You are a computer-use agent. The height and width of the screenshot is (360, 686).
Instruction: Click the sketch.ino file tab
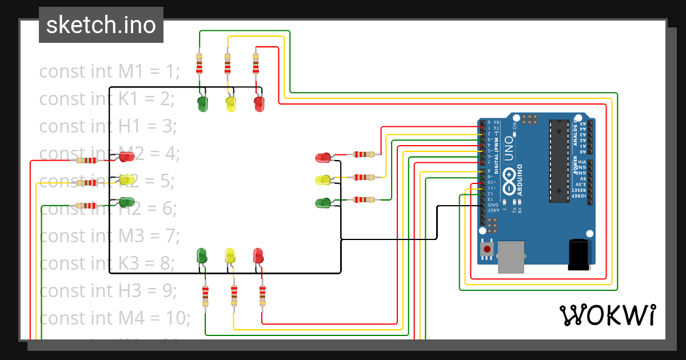point(101,25)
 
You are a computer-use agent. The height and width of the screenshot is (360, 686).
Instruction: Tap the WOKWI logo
point(607,315)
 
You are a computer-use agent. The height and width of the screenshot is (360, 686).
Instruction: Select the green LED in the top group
point(202,104)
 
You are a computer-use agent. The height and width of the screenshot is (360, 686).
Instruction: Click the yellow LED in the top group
point(231,104)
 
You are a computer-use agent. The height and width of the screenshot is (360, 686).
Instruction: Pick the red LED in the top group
point(259,104)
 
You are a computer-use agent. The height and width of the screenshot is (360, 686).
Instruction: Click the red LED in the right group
point(323,157)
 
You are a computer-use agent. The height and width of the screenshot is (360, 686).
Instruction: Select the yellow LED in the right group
point(323,180)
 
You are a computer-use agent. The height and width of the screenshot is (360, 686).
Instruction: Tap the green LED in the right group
point(323,202)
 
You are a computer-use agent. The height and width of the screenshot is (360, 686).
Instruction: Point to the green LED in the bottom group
point(201,255)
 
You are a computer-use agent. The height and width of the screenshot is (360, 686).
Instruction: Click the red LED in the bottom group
point(258,255)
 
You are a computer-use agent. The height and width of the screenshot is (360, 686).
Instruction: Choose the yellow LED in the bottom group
point(230,255)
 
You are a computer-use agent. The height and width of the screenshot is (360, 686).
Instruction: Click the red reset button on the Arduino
point(486,249)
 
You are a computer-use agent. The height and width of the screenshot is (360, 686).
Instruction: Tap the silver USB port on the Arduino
point(512,257)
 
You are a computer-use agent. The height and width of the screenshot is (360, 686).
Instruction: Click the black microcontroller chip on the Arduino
point(559,161)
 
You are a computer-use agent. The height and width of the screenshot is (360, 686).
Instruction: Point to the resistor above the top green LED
point(199,64)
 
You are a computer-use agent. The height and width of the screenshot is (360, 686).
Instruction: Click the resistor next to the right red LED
point(363,154)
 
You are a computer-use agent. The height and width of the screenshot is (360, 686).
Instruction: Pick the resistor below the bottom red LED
point(262,295)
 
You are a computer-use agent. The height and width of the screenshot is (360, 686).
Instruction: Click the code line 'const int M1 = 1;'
point(109,71)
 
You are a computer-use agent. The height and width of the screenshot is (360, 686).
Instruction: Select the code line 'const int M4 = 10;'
point(114,318)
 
